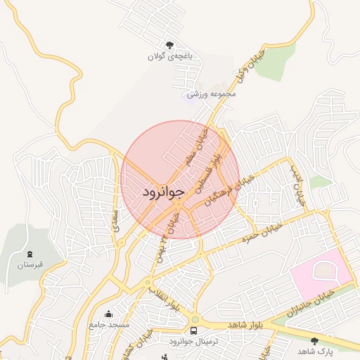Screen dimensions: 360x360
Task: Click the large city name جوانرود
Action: (x=164, y=192)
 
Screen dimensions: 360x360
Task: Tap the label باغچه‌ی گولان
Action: (x=169, y=56)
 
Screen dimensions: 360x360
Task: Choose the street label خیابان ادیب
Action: (x=297, y=184)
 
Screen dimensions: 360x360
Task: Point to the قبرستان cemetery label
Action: (x=30, y=265)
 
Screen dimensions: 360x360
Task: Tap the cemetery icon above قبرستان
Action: (x=30, y=254)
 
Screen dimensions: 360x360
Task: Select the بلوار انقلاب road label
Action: (x=164, y=296)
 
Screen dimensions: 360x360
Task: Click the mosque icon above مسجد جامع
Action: (x=108, y=314)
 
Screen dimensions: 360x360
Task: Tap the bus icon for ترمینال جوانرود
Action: (x=193, y=330)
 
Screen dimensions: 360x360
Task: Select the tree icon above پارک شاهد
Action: (x=314, y=340)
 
